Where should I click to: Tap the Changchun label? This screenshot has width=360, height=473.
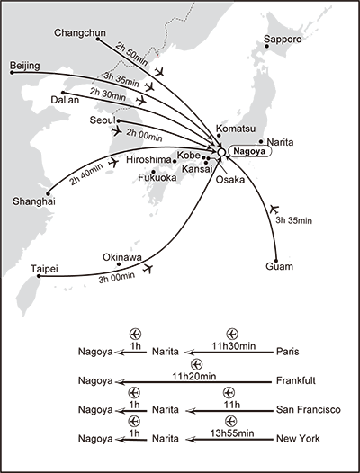80,33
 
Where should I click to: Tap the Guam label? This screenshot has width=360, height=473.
280,266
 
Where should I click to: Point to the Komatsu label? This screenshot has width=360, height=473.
236,128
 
